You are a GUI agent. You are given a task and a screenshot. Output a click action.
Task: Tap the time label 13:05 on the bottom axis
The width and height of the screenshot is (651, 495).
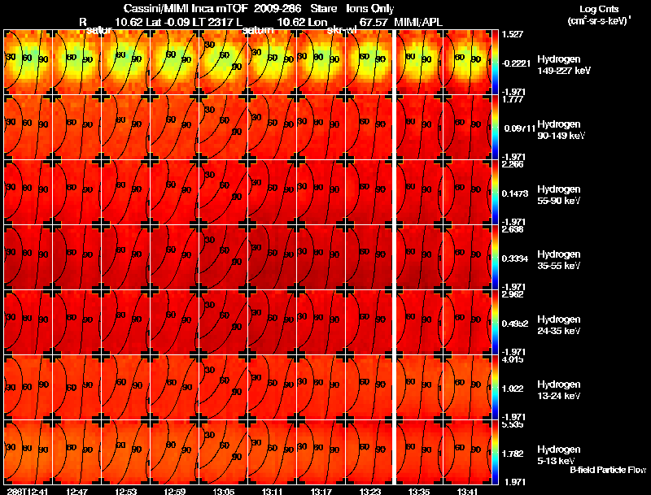point(223,491)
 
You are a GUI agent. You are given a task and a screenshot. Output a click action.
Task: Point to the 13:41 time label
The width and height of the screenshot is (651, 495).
point(467,491)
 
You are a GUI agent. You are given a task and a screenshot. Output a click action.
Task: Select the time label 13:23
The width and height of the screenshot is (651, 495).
point(369,491)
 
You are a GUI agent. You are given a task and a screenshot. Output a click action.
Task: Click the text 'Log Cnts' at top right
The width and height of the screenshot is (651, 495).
point(596,9)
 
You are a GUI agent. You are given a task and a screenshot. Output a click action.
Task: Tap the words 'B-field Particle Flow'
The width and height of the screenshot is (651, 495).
point(608,470)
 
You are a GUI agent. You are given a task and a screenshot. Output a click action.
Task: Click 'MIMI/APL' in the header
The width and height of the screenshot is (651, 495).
point(418,22)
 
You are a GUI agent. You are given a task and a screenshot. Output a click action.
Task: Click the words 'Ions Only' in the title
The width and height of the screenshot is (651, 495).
point(365,9)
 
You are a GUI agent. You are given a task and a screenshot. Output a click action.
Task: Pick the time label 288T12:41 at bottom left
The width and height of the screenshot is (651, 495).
point(27,491)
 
